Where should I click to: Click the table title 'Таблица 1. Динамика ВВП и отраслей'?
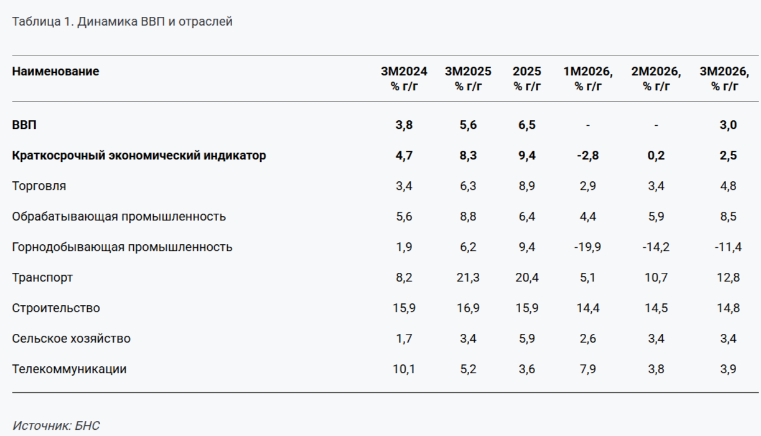[x=122, y=22]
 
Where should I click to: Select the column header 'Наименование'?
[x=55, y=72]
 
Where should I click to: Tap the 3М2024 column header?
[x=404, y=78]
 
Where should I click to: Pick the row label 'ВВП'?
[x=24, y=125]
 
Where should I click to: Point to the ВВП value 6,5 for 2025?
[x=526, y=125]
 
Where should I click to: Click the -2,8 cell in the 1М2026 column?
[x=587, y=156]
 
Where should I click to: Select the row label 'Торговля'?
[x=39, y=186]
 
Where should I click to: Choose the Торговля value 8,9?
[x=526, y=186]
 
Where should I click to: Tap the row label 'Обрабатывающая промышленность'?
[x=119, y=217]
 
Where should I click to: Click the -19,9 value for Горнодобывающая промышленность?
[x=587, y=247]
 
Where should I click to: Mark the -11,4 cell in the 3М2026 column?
[x=728, y=247]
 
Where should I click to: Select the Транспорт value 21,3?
[x=467, y=278]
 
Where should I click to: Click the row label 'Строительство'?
[x=56, y=308]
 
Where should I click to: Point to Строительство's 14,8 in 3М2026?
[x=728, y=308]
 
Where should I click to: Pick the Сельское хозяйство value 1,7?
[x=404, y=339]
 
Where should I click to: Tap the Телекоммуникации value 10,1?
[x=404, y=369]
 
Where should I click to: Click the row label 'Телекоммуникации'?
[x=69, y=369]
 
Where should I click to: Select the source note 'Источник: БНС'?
[x=56, y=427]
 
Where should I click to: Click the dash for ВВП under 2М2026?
[x=656, y=125]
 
